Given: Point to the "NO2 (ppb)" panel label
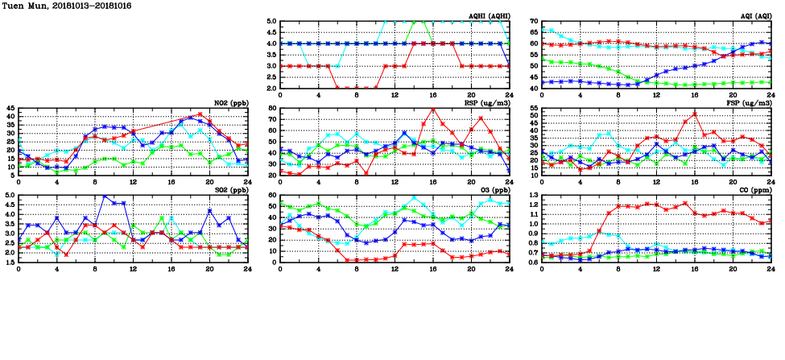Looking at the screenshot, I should (x=229, y=103).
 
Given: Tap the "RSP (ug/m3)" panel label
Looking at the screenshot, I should (x=486, y=103).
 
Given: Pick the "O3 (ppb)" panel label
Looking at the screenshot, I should (x=491, y=190).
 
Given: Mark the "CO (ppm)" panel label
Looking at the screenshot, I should (x=753, y=190).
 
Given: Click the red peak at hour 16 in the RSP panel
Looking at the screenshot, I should (x=433, y=109).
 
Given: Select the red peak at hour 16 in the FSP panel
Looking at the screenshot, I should (x=695, y=114).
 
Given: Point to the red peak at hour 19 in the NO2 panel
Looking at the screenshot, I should (x=200, y=114).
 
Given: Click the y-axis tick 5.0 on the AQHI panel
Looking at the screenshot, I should (x=271, y=22).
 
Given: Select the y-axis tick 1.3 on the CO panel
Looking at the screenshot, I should (x=532, y=196).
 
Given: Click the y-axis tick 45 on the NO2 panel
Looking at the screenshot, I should (x=10, y=109).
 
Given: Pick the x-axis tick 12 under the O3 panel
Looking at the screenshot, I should (x=395, y=267).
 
